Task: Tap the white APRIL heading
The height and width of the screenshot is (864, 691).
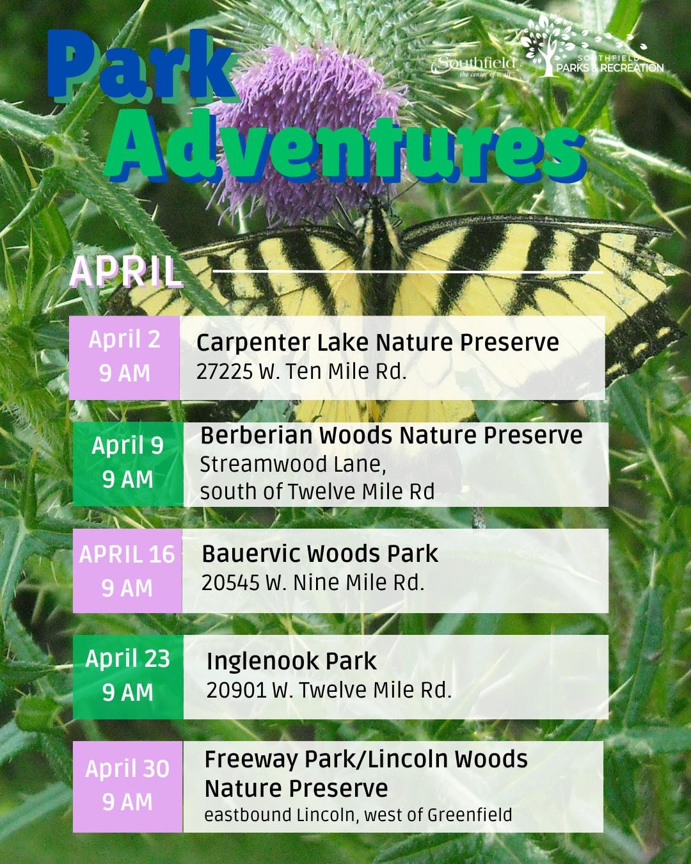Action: (x=126, y=272)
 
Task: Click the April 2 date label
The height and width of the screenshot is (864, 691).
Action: (x=124, y=339)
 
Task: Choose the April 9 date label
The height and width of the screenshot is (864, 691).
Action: (x=127, y=445)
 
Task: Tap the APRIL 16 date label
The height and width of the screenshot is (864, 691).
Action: (x=127, y=554)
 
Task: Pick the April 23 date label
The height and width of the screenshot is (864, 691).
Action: (x=127, y=659)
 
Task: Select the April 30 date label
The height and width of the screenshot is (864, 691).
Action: (x=127, y=769)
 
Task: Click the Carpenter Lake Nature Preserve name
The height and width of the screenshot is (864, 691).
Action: (x=377, y=342)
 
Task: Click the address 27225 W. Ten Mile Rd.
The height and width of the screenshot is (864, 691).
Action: (x=301, y=371)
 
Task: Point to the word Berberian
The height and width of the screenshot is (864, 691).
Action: (x=255, y=435)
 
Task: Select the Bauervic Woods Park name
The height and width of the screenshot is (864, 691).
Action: (x=320, y=554)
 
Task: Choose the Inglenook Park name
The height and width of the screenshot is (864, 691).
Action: (x=292, y=661)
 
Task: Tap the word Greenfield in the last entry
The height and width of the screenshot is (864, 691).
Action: (x=470, y=815)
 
